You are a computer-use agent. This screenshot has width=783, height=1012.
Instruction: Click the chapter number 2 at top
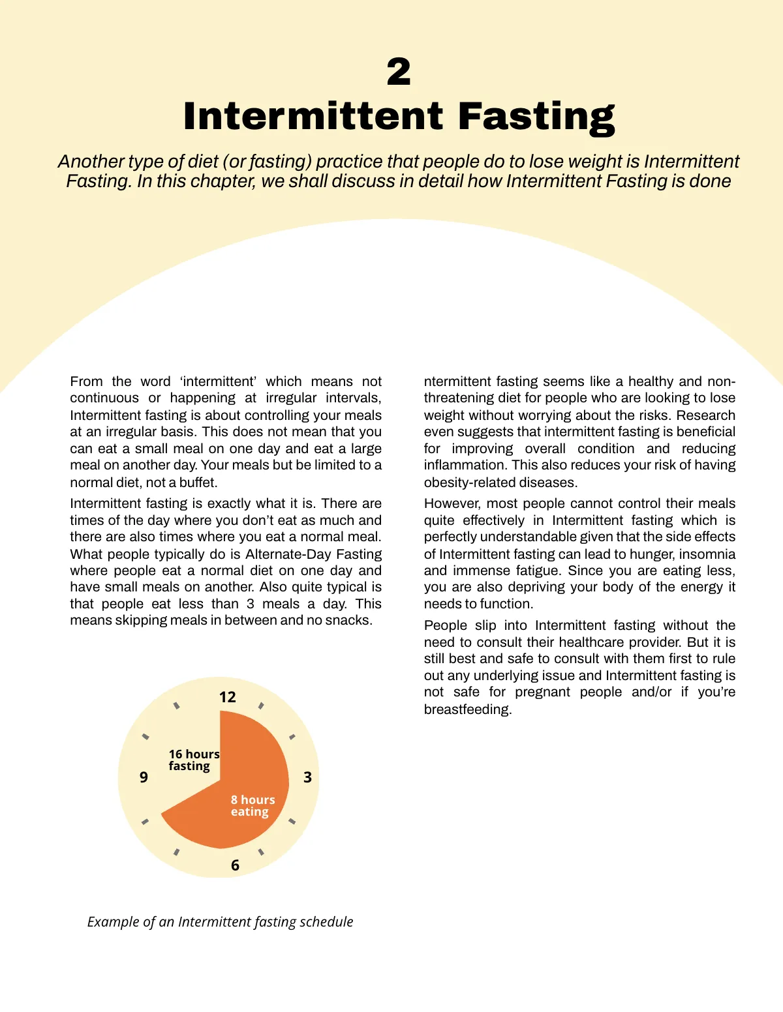coord(399,72)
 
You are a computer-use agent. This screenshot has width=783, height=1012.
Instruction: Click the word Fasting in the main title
coord(536,117)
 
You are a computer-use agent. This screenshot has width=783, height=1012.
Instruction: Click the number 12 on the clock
coord(227,697)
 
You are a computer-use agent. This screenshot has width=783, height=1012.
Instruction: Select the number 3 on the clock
coord(307,777)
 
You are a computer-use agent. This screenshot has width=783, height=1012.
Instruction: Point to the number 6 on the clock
coord(235,865)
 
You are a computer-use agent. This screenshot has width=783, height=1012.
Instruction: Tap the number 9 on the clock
coord(144,777)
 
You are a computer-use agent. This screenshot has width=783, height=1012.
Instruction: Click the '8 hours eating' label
coord(253,806)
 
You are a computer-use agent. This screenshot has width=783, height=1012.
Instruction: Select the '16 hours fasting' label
coord(194,760)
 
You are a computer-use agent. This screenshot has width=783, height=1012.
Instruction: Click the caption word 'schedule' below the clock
coord(326,922)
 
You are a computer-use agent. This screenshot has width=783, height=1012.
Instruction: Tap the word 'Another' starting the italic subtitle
coord(91,162)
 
